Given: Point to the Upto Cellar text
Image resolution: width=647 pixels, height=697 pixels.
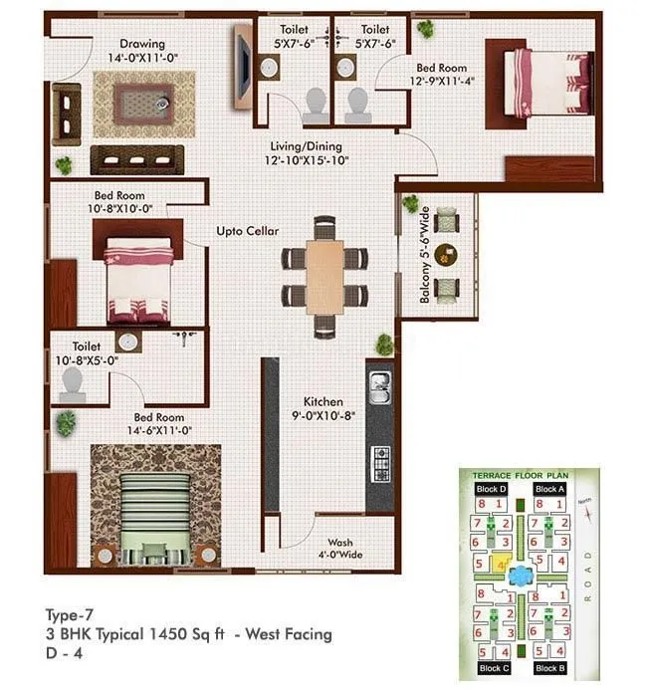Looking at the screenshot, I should tap(248, 231).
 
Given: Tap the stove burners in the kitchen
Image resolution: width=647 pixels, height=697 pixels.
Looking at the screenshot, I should tap(380, 460).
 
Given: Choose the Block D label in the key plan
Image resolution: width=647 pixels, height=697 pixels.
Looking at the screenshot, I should tap(492, 490).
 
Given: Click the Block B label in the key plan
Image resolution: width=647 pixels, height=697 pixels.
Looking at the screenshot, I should tap(549, 668).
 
